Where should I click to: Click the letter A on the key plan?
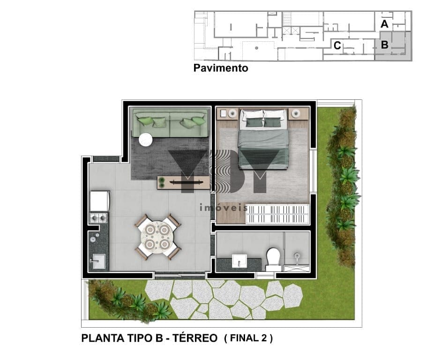(x=384, y=24)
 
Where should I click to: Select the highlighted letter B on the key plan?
(x=385, y=45)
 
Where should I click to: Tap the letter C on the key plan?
(x=337, y=45)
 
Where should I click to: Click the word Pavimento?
(x=221, y=68)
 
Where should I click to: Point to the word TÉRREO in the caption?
(x=195, y=338)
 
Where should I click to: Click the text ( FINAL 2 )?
(x=248, y=338)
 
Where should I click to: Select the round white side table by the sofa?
(x=146, y=140)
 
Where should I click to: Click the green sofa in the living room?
(x=171, y=123)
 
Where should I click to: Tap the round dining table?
(x=157, y=236)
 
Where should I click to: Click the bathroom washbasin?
(x=239, y=261)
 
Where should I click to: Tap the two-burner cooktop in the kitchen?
(x=99, y=218)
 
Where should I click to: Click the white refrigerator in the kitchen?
(x=99, y=201)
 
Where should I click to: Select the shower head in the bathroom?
(x=297, y=255)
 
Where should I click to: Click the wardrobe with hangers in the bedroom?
(x=277, y=214)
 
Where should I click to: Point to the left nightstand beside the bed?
(x=228, y=114)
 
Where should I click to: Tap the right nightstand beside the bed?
(x=298, y=114)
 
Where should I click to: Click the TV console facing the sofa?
(x=184, y=182)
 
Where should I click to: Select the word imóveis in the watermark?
(x=224, y=207)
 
